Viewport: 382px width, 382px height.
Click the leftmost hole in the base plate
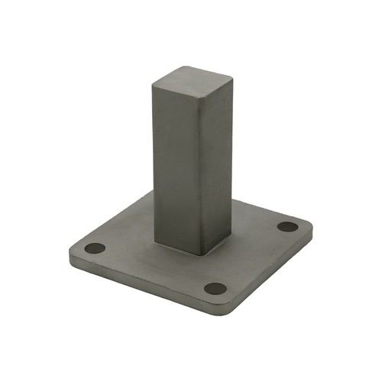click(95, 249)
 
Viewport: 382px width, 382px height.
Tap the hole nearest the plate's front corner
click(216, 290)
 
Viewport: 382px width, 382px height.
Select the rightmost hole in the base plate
click(287, 227)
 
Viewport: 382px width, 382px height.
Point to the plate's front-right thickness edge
click(271, 274)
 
